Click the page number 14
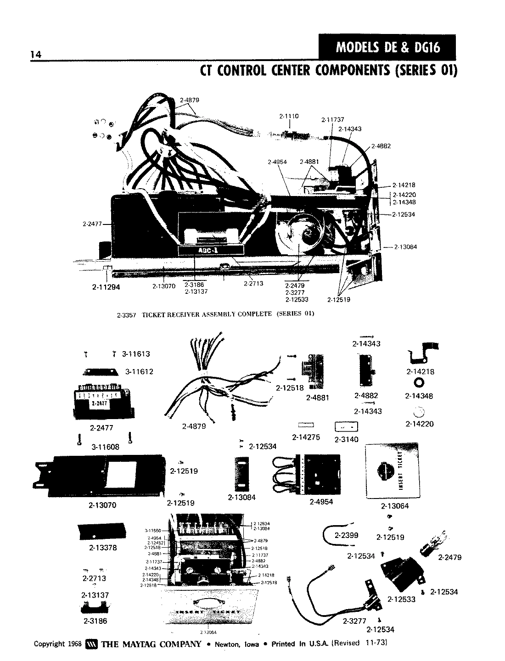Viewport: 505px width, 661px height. [35, 55]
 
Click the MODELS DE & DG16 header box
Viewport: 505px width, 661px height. [387, 47]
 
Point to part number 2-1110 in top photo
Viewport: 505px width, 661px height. [289, 117]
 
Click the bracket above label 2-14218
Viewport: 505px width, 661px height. [422, 354]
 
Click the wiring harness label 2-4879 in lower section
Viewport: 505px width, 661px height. [194, 426]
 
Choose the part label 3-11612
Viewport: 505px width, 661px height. [139, 371]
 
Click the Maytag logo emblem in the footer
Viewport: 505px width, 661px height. [90, 644]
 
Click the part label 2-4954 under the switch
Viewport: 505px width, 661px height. [321, 502]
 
